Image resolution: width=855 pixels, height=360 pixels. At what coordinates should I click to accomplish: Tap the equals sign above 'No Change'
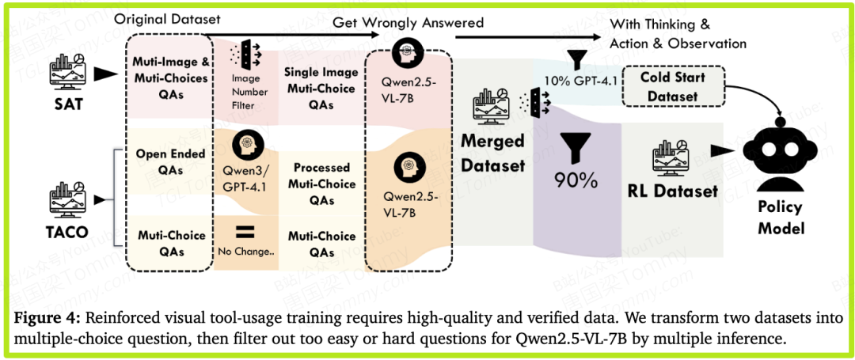[x=245, y=231]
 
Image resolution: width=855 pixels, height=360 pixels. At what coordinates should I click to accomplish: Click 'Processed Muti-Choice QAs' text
[x=321, y=184]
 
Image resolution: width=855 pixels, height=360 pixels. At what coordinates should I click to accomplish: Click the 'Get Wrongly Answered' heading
[x=408, y=22]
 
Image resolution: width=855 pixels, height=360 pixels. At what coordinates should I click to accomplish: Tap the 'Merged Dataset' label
[x=493, y=153]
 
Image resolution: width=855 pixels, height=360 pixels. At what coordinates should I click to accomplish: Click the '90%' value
[x=576, y=181]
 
